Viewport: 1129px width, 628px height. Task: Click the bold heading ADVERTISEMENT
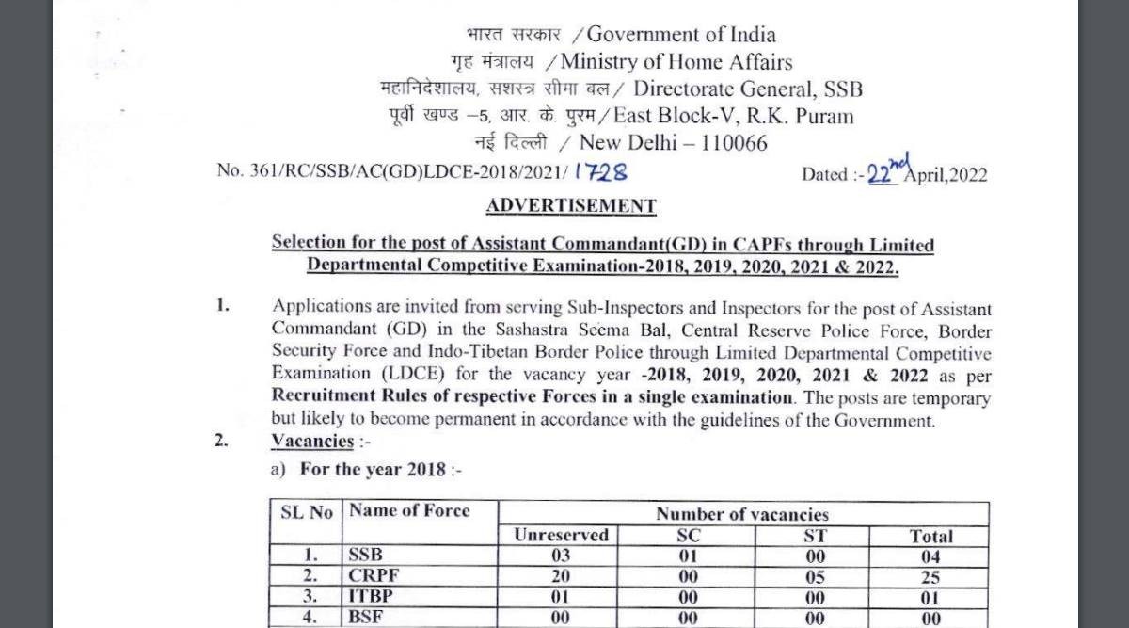[x=571, y=205]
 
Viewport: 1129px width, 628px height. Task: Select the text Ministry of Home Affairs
[x=683, y=62]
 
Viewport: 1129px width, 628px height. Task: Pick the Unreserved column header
[x=561, y=535]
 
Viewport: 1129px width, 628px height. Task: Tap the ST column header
[x=816, y=535]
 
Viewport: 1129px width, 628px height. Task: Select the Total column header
[x=930, y=536]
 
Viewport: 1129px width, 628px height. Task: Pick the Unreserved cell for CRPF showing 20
[x=561, y=574]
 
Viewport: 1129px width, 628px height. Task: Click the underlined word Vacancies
[x=312, y=441]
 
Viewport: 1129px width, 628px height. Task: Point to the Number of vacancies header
[x=742, y=514]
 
